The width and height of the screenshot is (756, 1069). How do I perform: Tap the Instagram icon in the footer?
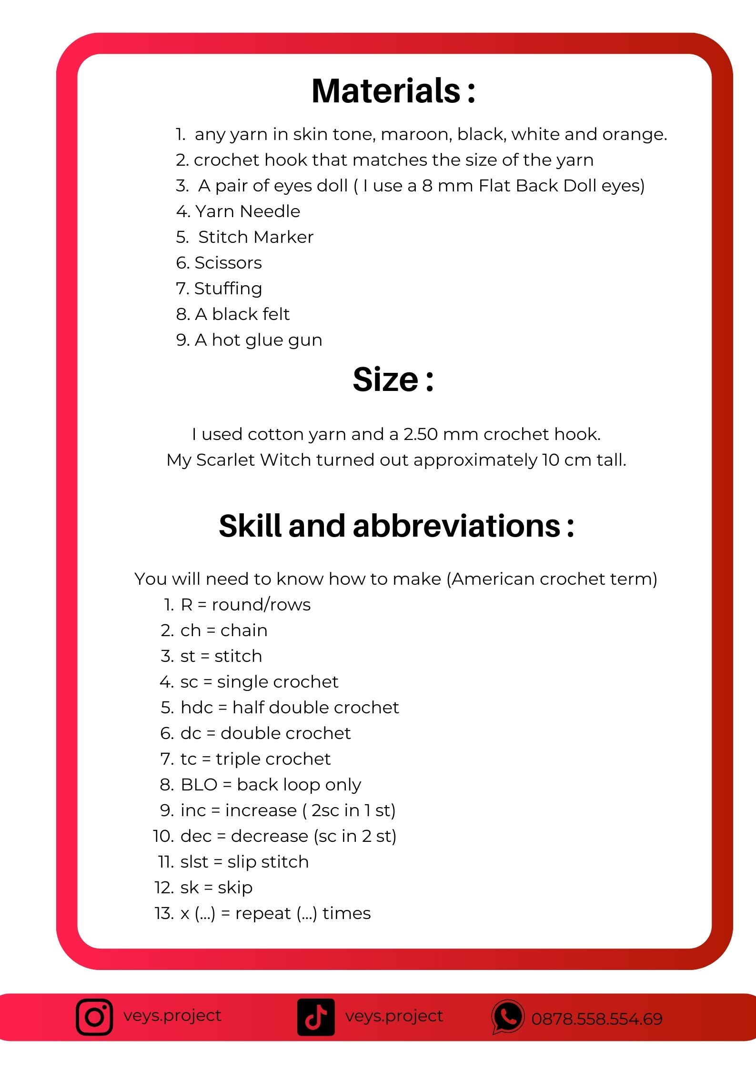coord(94,1017)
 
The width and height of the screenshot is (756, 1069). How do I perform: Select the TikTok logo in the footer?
coord(316,1017)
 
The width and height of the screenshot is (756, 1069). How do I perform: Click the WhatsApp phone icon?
coord(508,1017)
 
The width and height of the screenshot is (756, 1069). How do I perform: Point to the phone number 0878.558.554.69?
coord(597,1019)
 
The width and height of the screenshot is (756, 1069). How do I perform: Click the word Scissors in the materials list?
coord(228,263)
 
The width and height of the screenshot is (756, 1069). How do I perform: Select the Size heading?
coord(393,380)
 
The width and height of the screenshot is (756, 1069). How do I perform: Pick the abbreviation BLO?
coord(199,784)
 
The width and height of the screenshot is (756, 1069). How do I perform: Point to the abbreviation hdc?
coord(196,707)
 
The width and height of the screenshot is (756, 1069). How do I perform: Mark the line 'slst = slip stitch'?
coord(244,861)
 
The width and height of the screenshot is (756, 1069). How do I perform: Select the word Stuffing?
coord(228,289)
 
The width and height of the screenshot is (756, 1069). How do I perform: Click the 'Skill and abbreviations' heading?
coord(396,526)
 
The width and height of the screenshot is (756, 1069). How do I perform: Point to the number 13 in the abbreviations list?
coord(164,913)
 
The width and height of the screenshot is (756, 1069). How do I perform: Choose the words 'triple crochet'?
coord(273,759)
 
